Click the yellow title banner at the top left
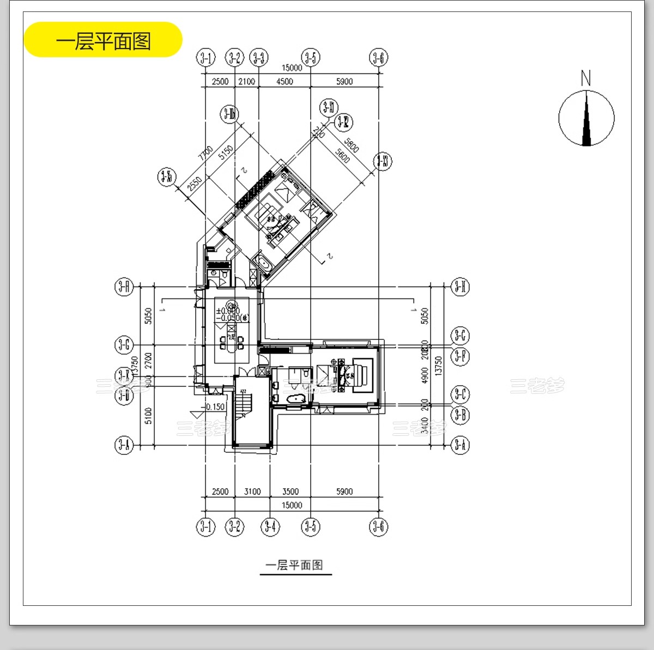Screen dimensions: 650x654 103,40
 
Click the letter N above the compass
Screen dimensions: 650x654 586,78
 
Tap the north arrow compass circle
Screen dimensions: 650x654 586,118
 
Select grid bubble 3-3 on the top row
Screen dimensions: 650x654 258,58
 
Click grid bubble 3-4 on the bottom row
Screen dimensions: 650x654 270,526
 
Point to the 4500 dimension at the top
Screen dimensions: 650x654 284,81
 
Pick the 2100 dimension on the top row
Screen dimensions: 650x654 246,81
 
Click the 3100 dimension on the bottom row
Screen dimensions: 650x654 252,491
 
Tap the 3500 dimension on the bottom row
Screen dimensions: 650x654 290,491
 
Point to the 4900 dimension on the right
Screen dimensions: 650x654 425,375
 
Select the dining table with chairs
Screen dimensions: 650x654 232,343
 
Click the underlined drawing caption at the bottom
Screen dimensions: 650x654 294,565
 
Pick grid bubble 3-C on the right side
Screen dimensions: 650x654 461,393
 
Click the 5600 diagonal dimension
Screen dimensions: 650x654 342,156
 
